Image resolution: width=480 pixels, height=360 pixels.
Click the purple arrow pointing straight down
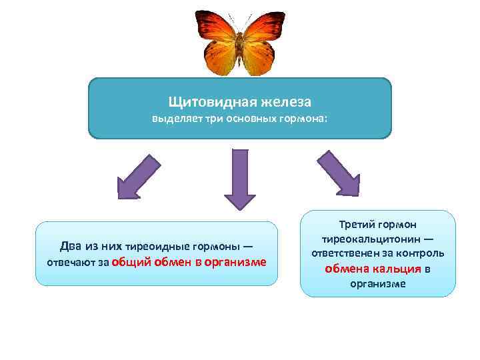point(239,179)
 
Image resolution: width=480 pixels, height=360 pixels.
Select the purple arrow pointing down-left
point(139,177)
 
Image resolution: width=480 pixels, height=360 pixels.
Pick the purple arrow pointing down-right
point(339,173)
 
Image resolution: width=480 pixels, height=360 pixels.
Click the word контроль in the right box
point(421,254)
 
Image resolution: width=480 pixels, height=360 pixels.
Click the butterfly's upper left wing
point(215,28)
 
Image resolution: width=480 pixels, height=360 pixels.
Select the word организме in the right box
point(378,284)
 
